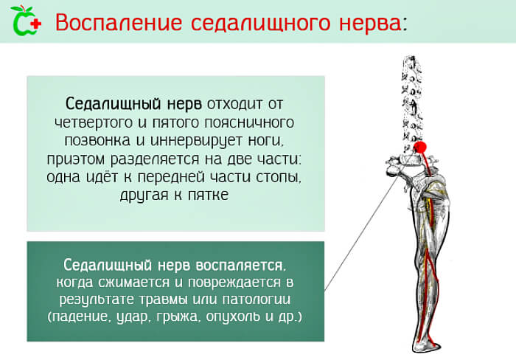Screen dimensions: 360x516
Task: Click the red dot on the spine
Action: click(421, 146)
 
